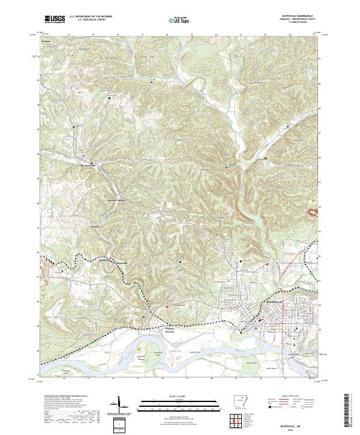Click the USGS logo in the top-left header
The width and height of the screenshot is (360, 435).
coord(55,19)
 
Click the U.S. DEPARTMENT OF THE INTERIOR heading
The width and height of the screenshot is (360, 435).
coord(91,17)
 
